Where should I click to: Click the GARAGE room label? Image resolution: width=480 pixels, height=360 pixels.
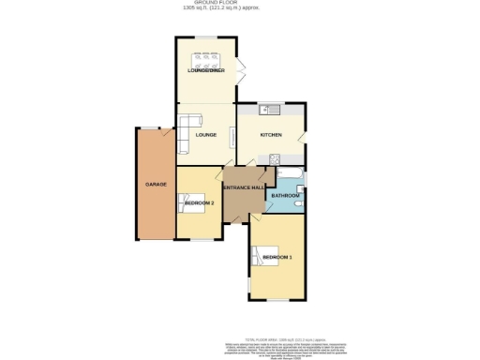pyautogui.click(x=156, y=184)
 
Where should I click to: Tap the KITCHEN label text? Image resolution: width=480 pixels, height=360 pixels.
pyautogui.click(x=271, y=135)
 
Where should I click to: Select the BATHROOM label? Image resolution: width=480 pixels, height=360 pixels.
pyautogui.click(x=285, y=196)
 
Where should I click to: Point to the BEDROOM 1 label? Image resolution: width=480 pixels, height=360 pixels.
pyautogui.click(x=277, y=257)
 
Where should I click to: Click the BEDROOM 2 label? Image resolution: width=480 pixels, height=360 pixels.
pyautogui.click(x=200, y=202)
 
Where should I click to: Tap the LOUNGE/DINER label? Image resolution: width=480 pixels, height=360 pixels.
pyautogui.click(x=205, y=70)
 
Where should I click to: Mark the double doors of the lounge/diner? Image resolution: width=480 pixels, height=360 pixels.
pyautogui.click(x=241, y=71)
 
